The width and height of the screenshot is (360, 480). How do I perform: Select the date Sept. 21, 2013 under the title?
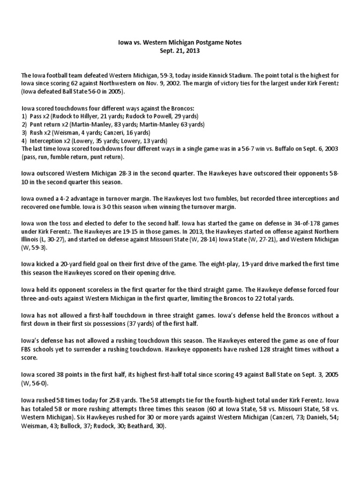pos(180,51)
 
